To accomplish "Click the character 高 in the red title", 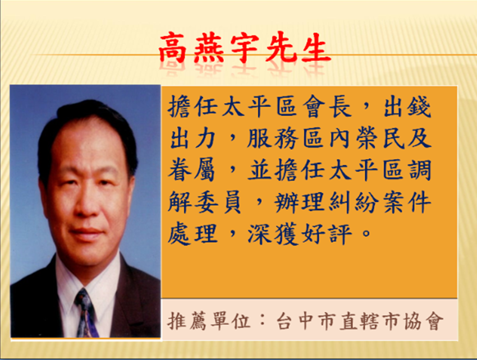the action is pyautogui.click(x=172, y=48).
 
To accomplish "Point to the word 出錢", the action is pyautogui.click(x=407, y=107).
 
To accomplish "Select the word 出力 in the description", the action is pyautogui.click(x=192, y=139).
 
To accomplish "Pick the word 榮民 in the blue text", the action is pyautogui.click(x=380, y=139).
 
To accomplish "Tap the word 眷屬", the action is pyautogui.click(x=192, y=170).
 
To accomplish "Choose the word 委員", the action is pyautogui.click(x=218, y=202).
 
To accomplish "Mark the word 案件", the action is pyautogui.click(x=407, y=202).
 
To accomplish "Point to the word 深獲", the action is pyautogui.click(x=273, y=234).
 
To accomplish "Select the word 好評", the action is pyautogui.click(x=327, y=234).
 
